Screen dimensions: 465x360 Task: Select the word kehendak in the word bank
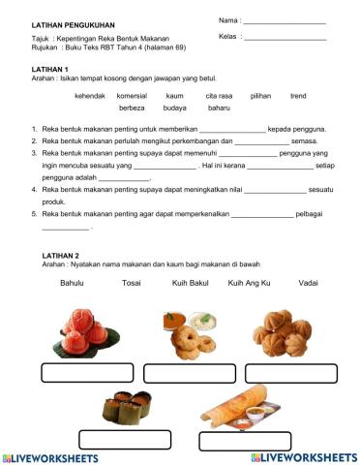pos(90,96)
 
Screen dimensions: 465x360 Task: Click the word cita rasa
pos(219,96)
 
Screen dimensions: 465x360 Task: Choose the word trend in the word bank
pos(298,96)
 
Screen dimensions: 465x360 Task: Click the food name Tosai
pos(131,283)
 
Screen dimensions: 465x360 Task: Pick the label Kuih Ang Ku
pos(249,283)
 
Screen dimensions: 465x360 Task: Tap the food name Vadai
pos(309,283)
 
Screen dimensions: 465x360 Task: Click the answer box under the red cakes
pos(87,373)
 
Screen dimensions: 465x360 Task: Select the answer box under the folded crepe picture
pos(245,440)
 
